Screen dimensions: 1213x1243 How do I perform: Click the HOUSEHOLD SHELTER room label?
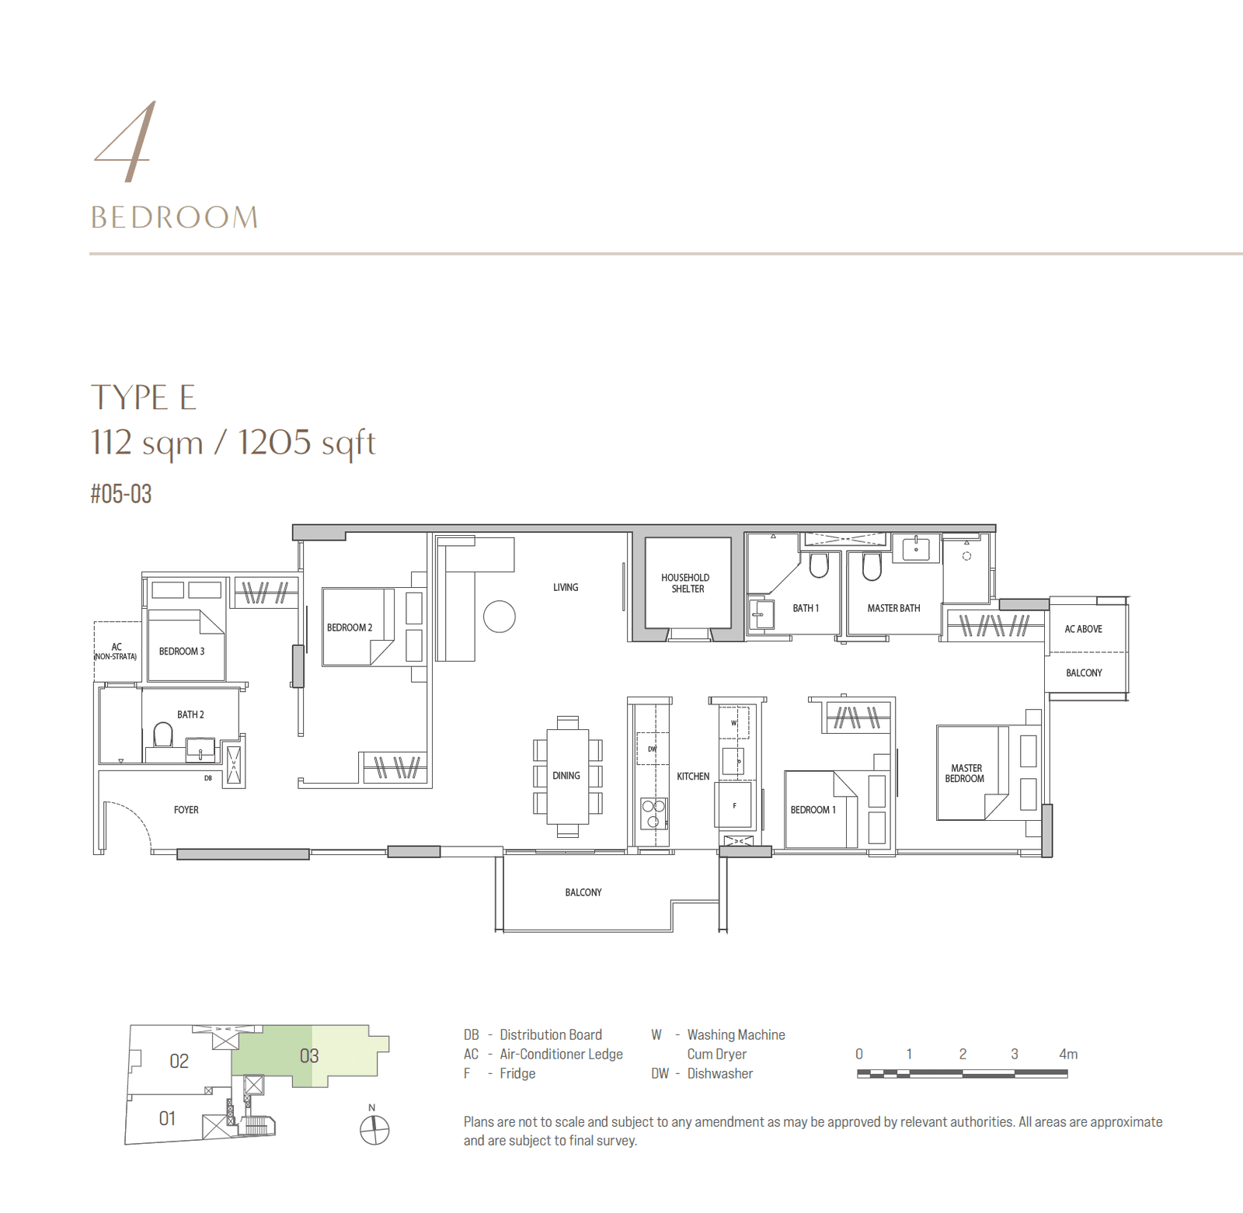click(685, 583)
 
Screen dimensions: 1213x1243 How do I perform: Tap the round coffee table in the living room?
click(499, 617)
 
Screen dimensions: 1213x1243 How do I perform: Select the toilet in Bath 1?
click(819, 565)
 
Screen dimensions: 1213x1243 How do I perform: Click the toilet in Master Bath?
click(872, 566)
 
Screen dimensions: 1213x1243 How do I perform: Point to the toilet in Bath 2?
click(163, 734)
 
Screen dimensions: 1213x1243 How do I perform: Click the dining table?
click(567, 776)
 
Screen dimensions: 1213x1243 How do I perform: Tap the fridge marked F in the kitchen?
click(733, 805)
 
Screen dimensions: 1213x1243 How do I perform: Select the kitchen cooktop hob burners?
click(653, 813)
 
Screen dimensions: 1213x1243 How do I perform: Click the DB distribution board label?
click(208, 777)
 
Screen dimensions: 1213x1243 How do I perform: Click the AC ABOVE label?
click(1083, 629)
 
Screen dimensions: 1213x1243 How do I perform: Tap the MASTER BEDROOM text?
click(965, 773)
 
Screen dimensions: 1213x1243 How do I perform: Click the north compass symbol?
click(374, 1128)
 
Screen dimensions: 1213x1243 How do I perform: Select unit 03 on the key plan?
click(309, 1056)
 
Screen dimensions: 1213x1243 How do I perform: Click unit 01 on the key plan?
click(167, 1118)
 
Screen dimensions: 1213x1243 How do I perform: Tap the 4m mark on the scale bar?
click(1067, 1055)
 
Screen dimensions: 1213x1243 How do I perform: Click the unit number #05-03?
click(121, 494)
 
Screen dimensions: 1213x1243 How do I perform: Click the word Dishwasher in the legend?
click(719, 1073)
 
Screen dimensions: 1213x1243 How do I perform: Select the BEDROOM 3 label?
click(182, 652)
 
